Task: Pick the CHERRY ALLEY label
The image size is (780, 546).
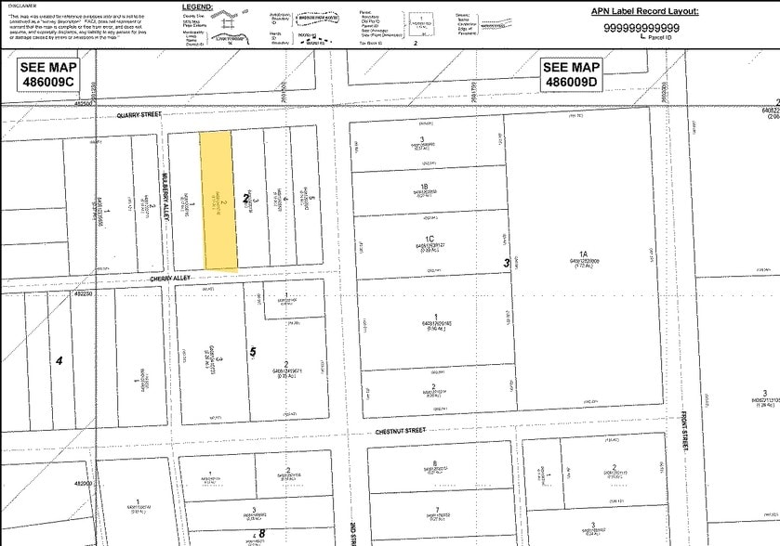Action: coord(171,277)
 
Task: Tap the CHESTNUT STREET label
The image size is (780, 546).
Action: coord(401,431)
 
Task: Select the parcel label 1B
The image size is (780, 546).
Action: coord(424,187)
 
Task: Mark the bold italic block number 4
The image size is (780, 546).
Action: coord(59,360)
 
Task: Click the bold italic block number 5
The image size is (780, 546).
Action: coord(253,352)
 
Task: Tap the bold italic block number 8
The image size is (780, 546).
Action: coord(262,533)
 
